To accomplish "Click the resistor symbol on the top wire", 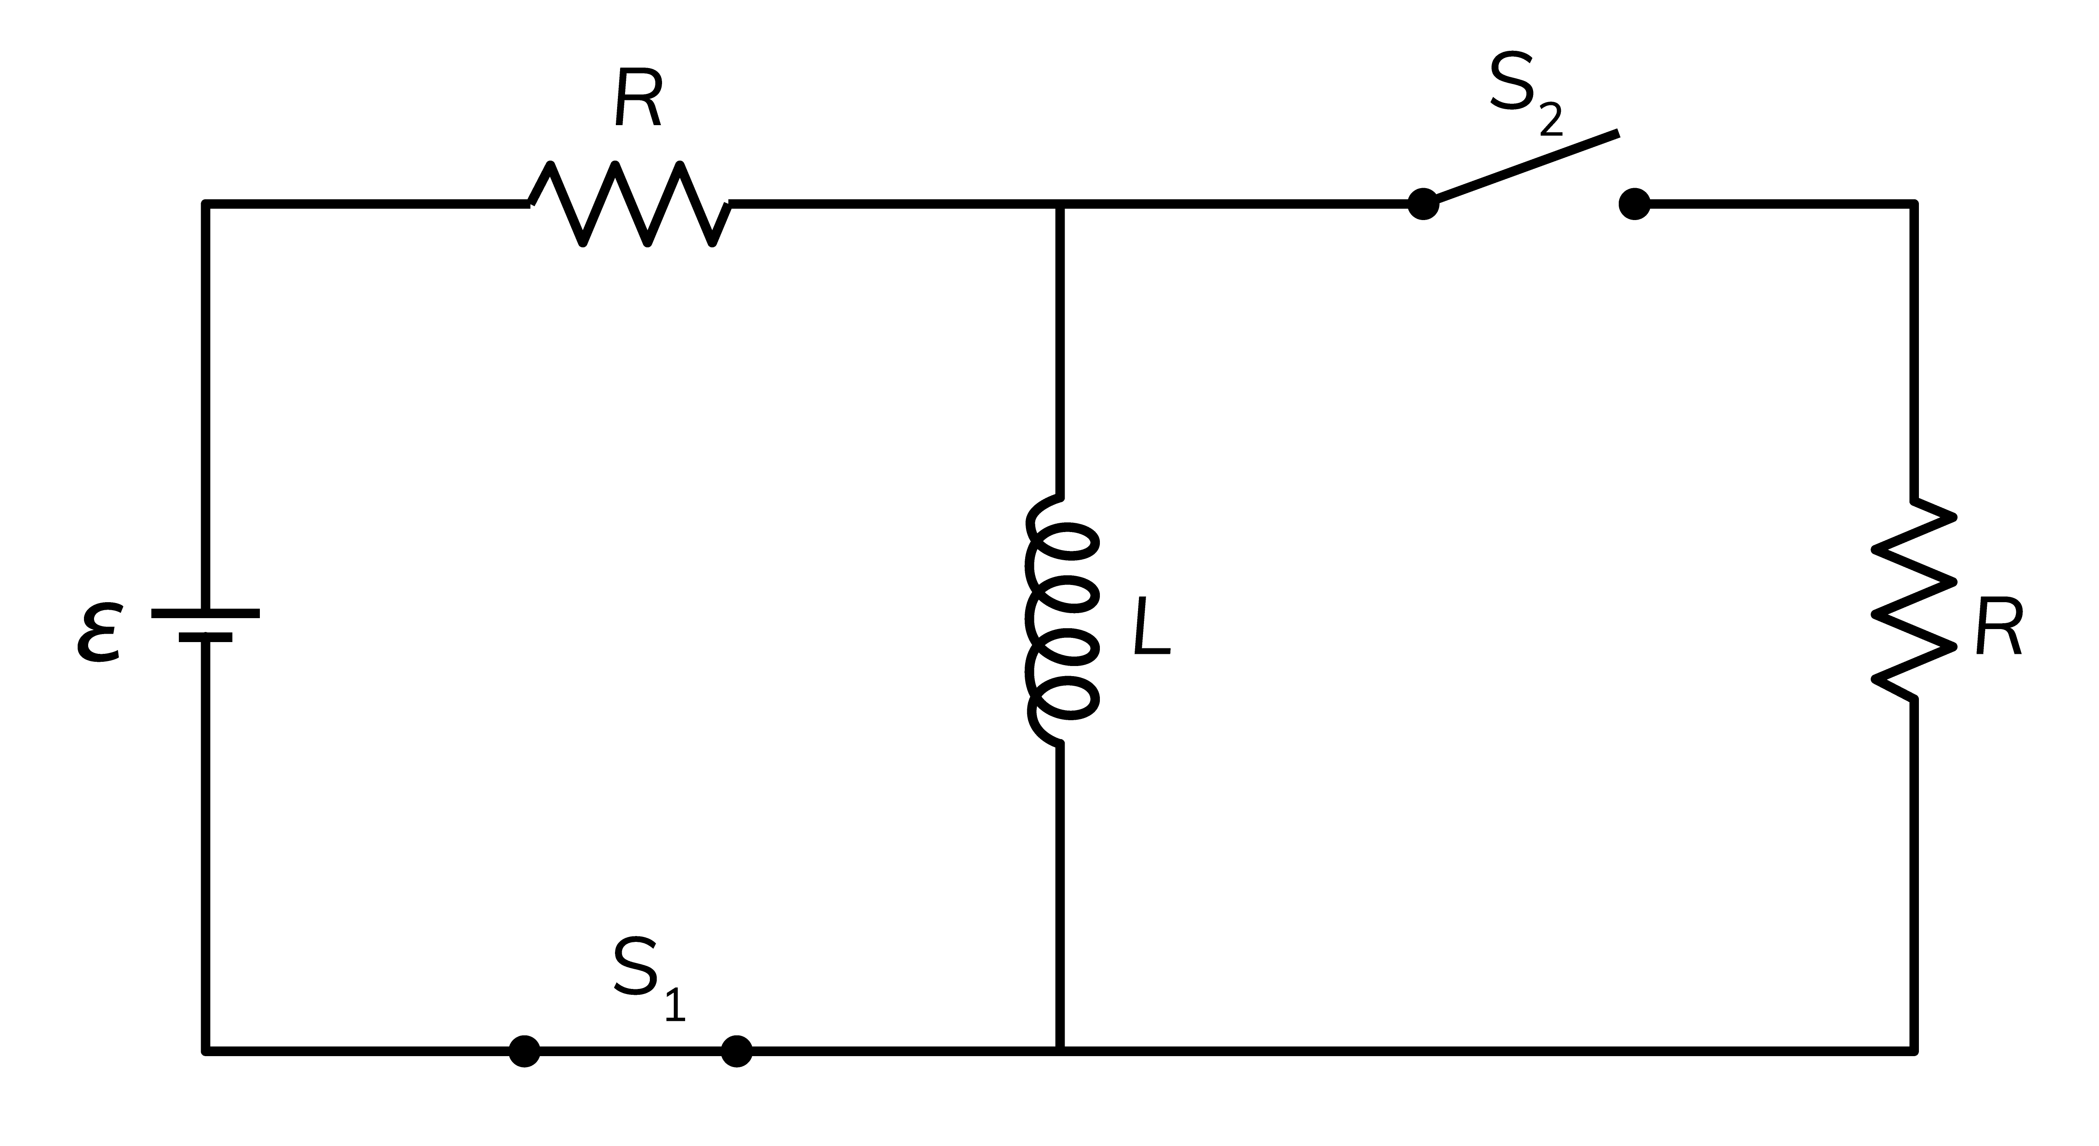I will click(x=630, y=204).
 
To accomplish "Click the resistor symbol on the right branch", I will click(x=1913, y=600).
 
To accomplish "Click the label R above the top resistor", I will click(x=638, y=98).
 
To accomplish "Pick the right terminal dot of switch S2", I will click(x=1635, y=204).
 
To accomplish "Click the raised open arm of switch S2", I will click(x=1524, y=167).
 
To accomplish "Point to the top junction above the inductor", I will click(x=1060, y=204).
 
